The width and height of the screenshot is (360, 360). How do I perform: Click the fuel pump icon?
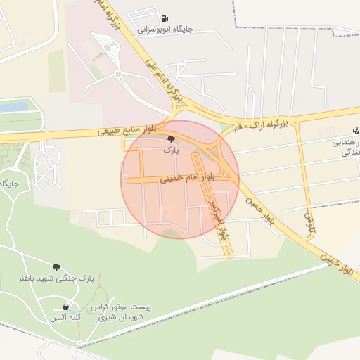(164, 19)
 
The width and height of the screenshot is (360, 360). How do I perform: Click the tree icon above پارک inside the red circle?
(172, 139)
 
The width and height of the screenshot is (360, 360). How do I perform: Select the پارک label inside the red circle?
(172, 150)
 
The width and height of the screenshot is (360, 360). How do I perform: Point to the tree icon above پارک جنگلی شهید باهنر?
(56, 267)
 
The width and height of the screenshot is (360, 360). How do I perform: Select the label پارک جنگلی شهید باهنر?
(56, 278)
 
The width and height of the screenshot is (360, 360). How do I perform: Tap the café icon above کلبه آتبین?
(66, 307)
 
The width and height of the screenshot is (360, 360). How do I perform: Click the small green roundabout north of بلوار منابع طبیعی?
(118, 73)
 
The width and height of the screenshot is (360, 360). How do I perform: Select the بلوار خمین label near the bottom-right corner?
(336, 266)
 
